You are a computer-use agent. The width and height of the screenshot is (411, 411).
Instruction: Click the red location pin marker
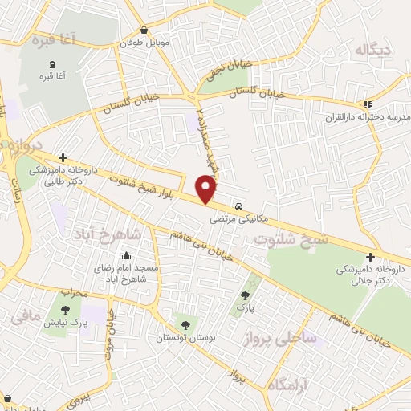pyautogui.click(x=206, y=188)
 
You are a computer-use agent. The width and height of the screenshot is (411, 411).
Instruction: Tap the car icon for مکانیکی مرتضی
pyautogui.click(x=240, y=205)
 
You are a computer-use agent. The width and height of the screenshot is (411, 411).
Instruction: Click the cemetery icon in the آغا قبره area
pyautogui.click(x=53, y=64)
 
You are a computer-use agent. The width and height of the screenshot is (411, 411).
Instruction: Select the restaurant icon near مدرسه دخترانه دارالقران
pyautogui.click(x=368, y=104)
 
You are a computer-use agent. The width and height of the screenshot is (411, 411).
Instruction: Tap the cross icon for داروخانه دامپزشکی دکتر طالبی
pyautogui.click(x=63, y=157)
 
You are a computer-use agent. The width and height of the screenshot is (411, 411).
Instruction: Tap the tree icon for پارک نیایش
pyautogui.click(x=65, y=310)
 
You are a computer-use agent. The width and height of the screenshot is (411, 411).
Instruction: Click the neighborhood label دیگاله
pyautogui.click(x=376, y=50)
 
